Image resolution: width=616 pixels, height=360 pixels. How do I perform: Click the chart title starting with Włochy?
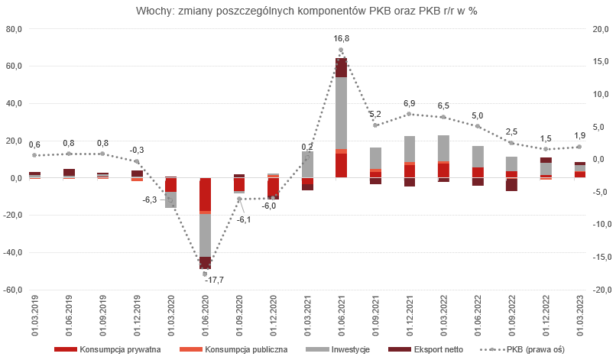(306, 11)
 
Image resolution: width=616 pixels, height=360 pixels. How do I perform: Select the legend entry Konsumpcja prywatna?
(107, 349)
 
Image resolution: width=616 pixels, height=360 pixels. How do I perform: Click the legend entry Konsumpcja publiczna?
(233, 349)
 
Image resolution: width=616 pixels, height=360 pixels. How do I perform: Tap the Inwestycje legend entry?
(338, 349)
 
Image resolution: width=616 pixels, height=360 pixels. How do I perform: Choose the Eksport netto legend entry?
(426, 349)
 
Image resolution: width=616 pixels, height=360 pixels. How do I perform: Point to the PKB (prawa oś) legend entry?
(522, 349)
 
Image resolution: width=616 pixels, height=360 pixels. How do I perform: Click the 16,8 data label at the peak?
(341, 38)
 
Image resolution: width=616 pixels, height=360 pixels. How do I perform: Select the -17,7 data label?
(215, 280)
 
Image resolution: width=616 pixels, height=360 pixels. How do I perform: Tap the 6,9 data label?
(410, 103)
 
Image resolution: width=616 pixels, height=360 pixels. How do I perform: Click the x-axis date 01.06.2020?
(206, 316)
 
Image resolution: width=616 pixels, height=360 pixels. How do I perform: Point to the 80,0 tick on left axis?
(14, 29)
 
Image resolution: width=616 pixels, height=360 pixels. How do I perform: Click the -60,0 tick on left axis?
(12, 290)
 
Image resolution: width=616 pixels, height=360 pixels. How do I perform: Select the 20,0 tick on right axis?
(601, 29)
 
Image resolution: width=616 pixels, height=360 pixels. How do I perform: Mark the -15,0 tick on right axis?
(601, 257)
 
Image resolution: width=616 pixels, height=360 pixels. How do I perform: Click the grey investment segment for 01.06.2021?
(341, 113)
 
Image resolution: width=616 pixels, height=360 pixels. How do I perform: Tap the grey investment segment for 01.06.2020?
(206, 235)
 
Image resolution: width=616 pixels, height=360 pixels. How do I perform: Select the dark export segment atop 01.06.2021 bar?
(341, 67)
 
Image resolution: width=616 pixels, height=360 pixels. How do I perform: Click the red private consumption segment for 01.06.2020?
(206, 195)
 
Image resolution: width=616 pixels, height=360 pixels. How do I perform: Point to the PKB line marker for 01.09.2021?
(375, 125)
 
